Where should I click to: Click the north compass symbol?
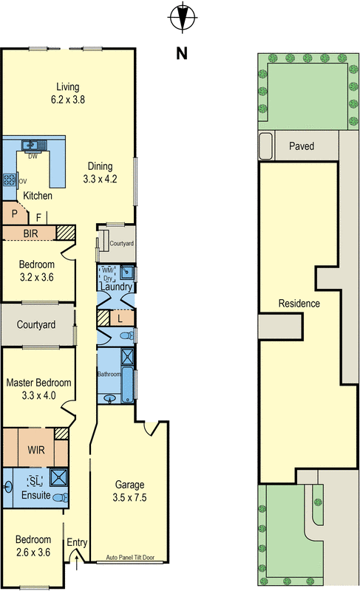point(183,17)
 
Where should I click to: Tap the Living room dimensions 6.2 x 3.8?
point(68,100)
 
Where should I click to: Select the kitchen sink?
point(34,145)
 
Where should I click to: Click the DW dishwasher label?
point(33,156)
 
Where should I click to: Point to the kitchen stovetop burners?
point(10,180)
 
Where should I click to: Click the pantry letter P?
point(14,213)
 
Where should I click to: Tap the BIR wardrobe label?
point(30,233)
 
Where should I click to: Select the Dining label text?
point(100,166)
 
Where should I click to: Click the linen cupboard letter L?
point(120,319)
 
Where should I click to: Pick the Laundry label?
point(116,287)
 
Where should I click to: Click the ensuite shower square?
point(59,477)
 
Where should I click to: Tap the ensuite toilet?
point(61,497)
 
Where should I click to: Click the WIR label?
point(35,450)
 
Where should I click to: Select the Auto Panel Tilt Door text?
point(130,557)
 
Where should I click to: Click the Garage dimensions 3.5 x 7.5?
point(129,497)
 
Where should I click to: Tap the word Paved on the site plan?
point(302,146)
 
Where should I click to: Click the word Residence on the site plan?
point(299,304)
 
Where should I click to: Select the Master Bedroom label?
point(39,383)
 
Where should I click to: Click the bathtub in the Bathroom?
point(127,384)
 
